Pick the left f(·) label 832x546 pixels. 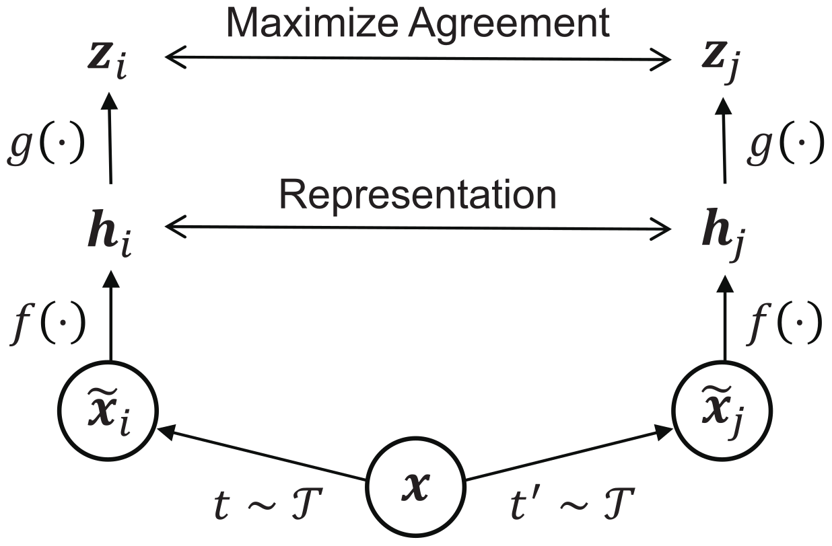46,324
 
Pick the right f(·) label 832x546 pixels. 785,324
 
